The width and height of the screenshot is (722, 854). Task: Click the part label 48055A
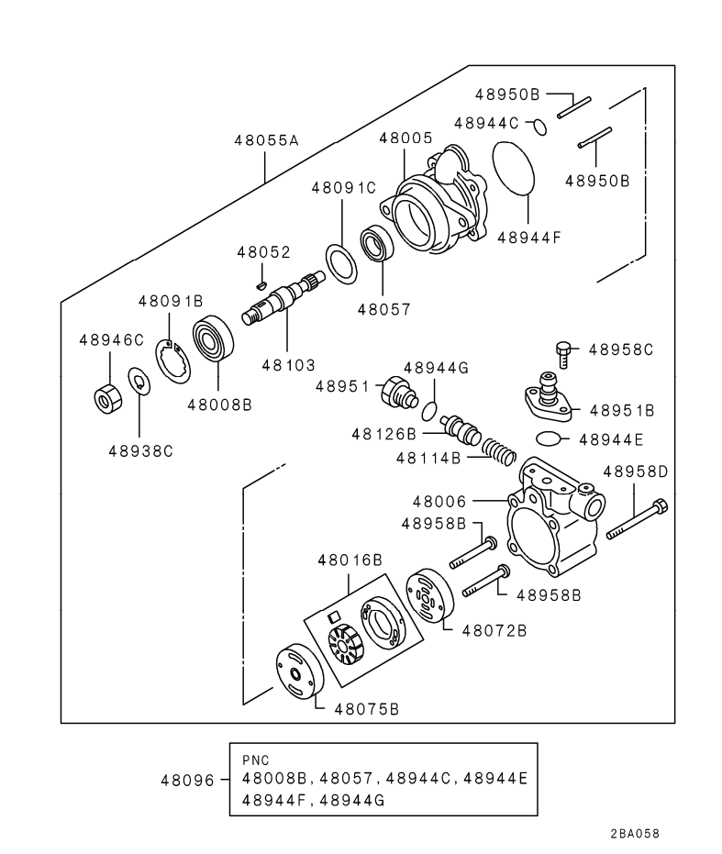click(266, 141)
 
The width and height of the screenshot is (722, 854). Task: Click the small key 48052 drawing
click(261, 284)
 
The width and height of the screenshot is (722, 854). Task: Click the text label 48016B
click(350, 559)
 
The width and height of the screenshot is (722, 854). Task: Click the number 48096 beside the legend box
click(187, 781)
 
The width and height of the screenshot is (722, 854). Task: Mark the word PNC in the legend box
click(256, 760)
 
